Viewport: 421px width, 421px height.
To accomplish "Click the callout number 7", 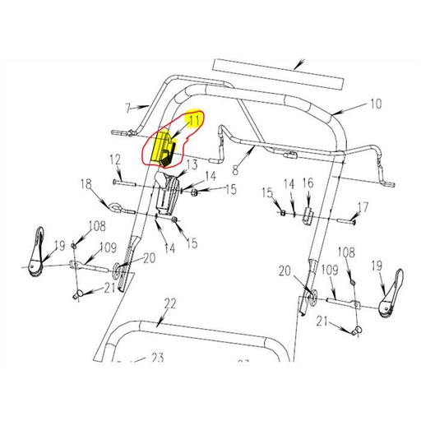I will [x=128, y=107].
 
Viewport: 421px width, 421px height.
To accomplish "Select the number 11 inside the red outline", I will [x=195, y=122].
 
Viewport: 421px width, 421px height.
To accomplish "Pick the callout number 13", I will [x=192, y=164].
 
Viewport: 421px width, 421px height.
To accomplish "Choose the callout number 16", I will [x=308, y=183].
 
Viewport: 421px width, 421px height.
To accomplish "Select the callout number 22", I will [x=169, y=304].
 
